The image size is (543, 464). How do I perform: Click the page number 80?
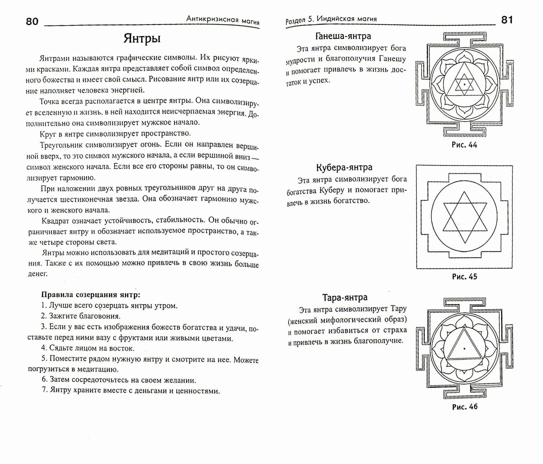pos(32,21)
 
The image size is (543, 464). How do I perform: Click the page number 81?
pos(507,20)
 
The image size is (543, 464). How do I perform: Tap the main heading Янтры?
pos(142,39)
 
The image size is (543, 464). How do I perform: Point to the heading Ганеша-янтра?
pos(343,36)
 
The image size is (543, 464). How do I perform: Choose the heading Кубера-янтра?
pos(344,167)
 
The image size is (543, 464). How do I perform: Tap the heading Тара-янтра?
pos(345,297)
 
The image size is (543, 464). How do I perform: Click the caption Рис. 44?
pos(464,145)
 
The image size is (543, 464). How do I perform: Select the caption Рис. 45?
pos(464,277)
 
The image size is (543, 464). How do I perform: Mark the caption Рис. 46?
pos(465,407)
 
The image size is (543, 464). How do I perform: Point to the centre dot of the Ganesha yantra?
pos(465,84)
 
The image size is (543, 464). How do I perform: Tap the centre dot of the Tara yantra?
pos(465,348)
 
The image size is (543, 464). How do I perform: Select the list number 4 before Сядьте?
pos(43,348)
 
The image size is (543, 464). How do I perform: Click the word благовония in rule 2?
pos(100,316)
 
